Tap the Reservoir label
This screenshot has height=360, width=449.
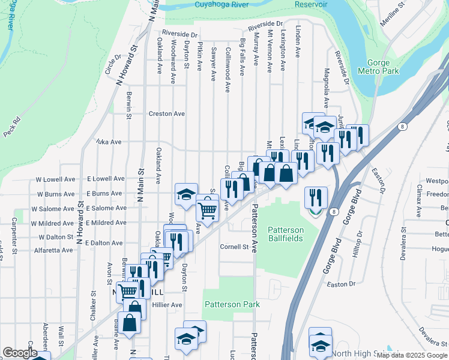coord(311,4)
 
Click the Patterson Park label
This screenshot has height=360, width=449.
coord(232,304)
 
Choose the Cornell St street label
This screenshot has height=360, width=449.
coord(234,247)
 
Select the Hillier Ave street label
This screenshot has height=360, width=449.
coord(167,305)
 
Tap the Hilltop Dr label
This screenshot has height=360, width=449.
coord(358,243)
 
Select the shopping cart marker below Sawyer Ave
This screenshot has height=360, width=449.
coord(207,210)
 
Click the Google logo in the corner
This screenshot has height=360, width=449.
coord(20,353)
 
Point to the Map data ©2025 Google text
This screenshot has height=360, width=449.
coord(412,355)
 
